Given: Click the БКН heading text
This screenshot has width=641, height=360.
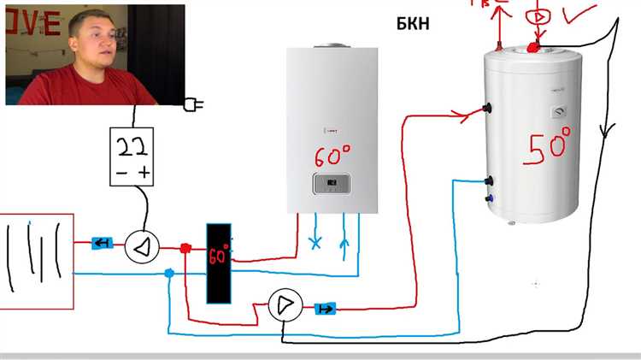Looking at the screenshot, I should (x=412, y=23).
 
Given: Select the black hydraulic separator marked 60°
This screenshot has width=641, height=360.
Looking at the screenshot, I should (x=219, y=263).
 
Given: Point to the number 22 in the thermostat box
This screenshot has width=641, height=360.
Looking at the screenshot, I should (x=132, y=148).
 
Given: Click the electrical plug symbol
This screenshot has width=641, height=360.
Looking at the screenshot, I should (x=193, y=105).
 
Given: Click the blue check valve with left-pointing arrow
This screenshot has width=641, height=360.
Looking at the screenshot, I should (x=103, y=244).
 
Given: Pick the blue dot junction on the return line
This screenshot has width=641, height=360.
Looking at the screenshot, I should (x=168, y=274).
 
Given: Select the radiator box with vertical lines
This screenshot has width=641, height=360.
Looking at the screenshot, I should (x=36, y=258).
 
